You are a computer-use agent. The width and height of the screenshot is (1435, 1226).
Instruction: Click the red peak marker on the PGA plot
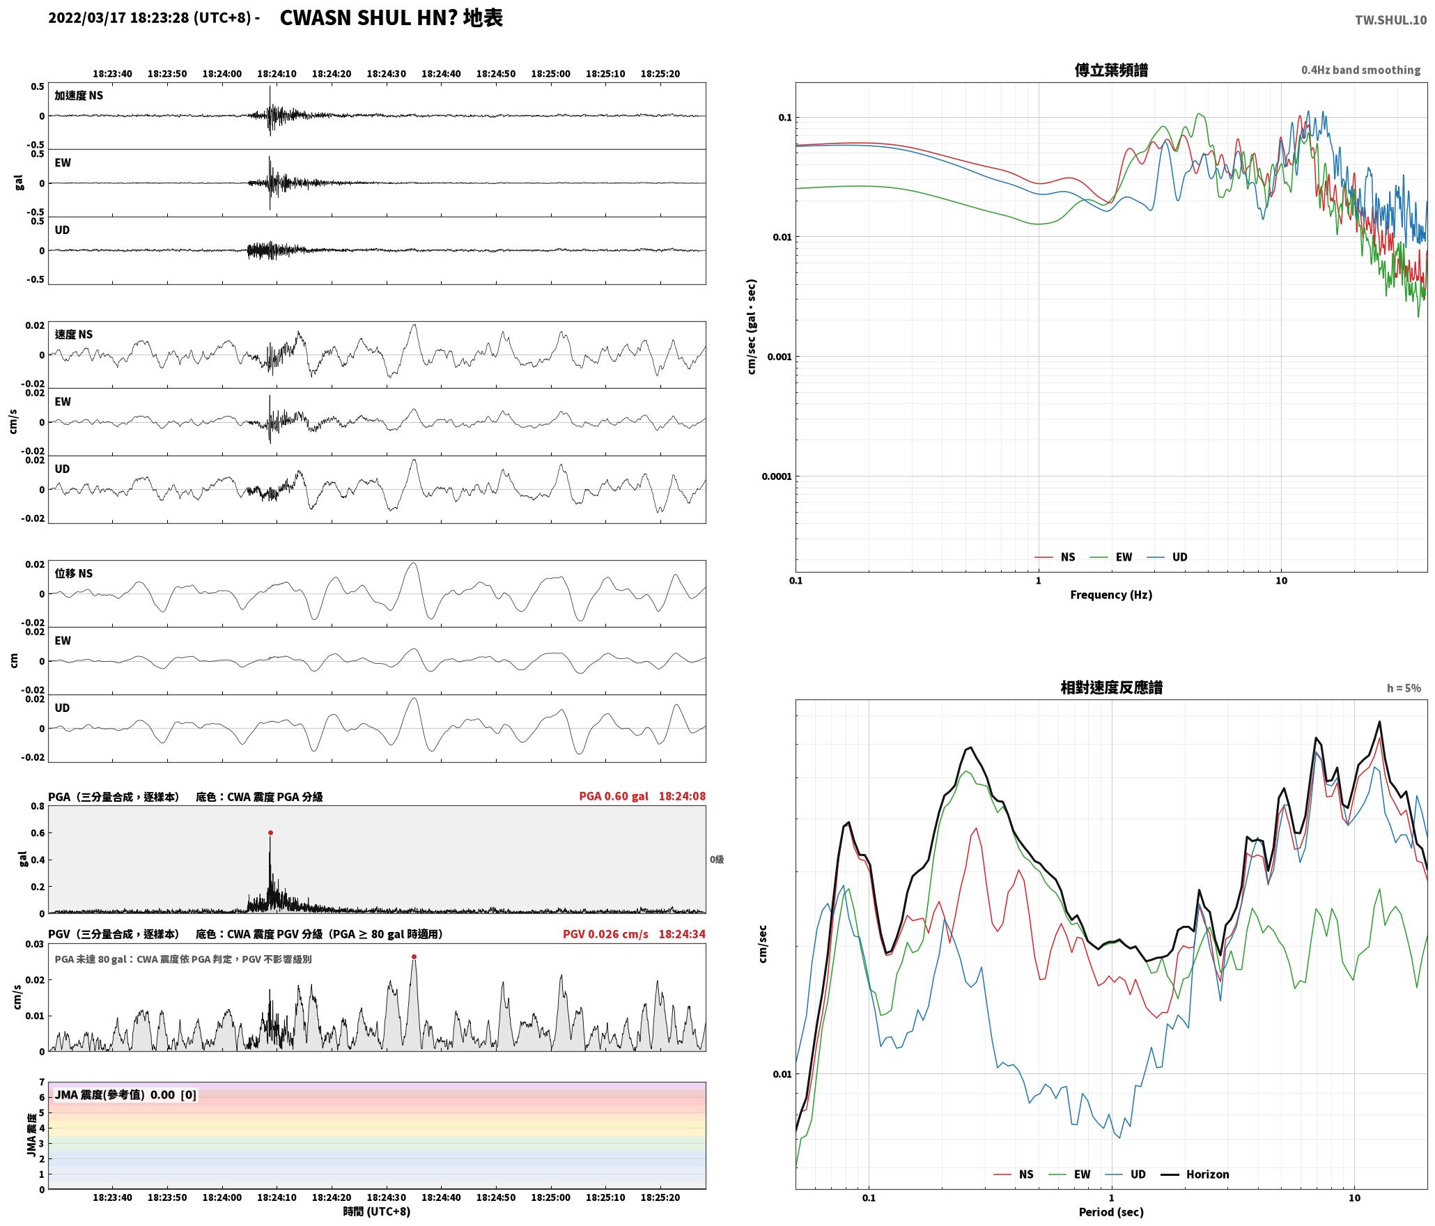(x=270, y=832)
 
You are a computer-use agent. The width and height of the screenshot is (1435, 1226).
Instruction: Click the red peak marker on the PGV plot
(x=414, y=956)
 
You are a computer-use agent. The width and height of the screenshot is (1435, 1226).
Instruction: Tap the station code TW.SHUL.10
(x=1390, y=20)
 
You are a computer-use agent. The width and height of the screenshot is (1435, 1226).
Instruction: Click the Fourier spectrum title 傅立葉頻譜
(x=1111, y=70)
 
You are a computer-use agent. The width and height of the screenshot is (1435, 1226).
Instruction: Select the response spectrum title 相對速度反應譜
(x=1111, y=688)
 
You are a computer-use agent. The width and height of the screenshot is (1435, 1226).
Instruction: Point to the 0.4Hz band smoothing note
(x=1360, y=70)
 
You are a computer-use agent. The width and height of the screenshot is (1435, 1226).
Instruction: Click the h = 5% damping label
(x=1404, y=688)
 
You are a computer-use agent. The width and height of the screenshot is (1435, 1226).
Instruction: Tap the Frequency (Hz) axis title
(x=1111, y=594)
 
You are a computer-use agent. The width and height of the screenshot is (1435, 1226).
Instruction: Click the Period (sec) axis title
(x=1111, y=1212)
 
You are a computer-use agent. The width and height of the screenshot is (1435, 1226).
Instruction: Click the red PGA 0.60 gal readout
(x=613, y=796)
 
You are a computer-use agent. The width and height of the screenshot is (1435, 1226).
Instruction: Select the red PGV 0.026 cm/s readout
(x=605, y=933)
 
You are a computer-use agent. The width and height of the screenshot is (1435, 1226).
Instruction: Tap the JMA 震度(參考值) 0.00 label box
(x=125, y=1094)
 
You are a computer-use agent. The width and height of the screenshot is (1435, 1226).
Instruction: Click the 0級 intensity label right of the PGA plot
(x=717, y=860)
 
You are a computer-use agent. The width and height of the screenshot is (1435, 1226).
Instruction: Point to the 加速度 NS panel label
(x=79, y=95)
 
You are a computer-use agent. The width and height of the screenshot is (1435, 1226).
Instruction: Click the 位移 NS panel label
(x=74, y=573)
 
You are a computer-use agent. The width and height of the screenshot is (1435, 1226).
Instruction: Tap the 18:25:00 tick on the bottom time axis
(x=550, y=1198)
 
